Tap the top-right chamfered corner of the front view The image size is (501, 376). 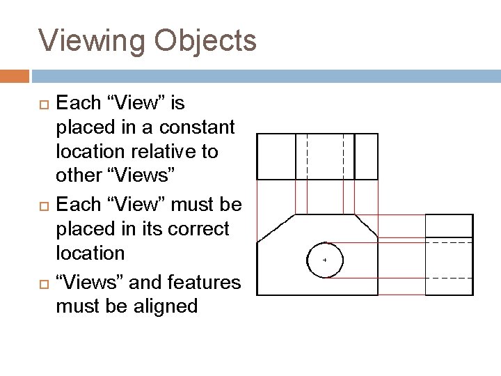pos(366,227)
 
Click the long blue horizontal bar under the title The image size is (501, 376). pos(264,75)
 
